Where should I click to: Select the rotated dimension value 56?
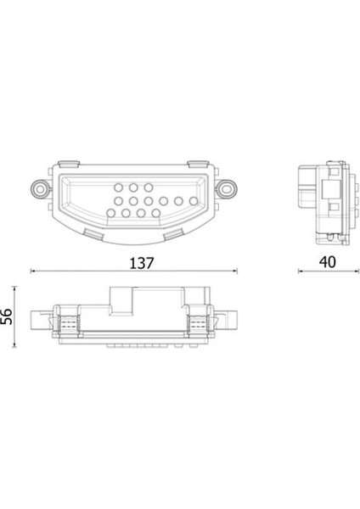coord(7,317)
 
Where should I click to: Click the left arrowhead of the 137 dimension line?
coord(34,272)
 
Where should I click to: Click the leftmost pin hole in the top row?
coord(119,186)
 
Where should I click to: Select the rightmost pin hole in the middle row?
coord(194,201)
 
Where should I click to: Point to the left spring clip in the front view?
coord(65,322)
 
